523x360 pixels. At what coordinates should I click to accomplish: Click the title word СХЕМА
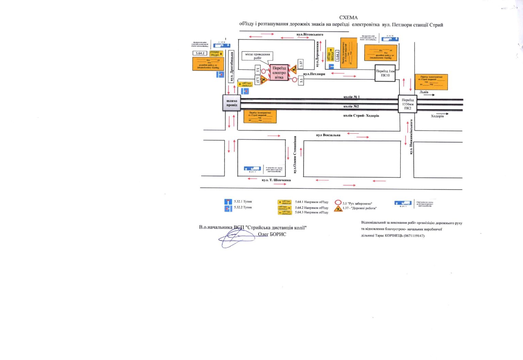(348, 17)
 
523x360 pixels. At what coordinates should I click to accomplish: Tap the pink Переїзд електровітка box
(279, 73)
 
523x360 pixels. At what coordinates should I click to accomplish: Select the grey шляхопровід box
(232, 103)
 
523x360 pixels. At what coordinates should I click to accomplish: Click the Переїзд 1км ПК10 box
(385, 73)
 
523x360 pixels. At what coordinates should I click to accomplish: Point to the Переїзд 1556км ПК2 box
(408, 104)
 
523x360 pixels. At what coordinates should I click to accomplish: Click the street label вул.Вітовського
(310, 34)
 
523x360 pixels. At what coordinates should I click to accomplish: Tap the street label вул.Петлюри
(314, 74)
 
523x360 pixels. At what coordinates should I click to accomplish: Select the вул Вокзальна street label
(328, 135)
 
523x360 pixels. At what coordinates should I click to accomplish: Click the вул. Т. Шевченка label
(276, 180)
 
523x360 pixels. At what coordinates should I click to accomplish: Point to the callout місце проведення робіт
(257, 56)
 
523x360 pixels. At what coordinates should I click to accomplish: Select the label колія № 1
(351, 97)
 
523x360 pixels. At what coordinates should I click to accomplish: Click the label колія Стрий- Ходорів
(361, 116)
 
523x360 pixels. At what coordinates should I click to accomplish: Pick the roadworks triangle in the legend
(338, 208)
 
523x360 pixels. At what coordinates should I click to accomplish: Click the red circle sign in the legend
(338, 203)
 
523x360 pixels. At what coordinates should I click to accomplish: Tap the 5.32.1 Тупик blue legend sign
(228, 202)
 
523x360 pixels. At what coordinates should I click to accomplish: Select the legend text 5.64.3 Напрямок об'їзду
(312, 213)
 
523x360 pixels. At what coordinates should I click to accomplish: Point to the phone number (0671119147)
(414, 236)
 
